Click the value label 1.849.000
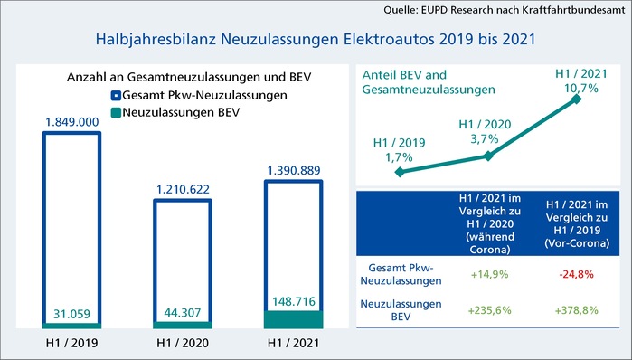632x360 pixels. point(72,120)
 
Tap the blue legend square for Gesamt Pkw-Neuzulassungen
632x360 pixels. point(117,95)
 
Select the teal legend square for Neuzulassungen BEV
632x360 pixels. point(117,110)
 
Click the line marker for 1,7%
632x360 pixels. point(401,170)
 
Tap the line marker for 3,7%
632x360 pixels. point(488,156)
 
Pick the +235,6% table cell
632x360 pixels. point(488,309)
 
